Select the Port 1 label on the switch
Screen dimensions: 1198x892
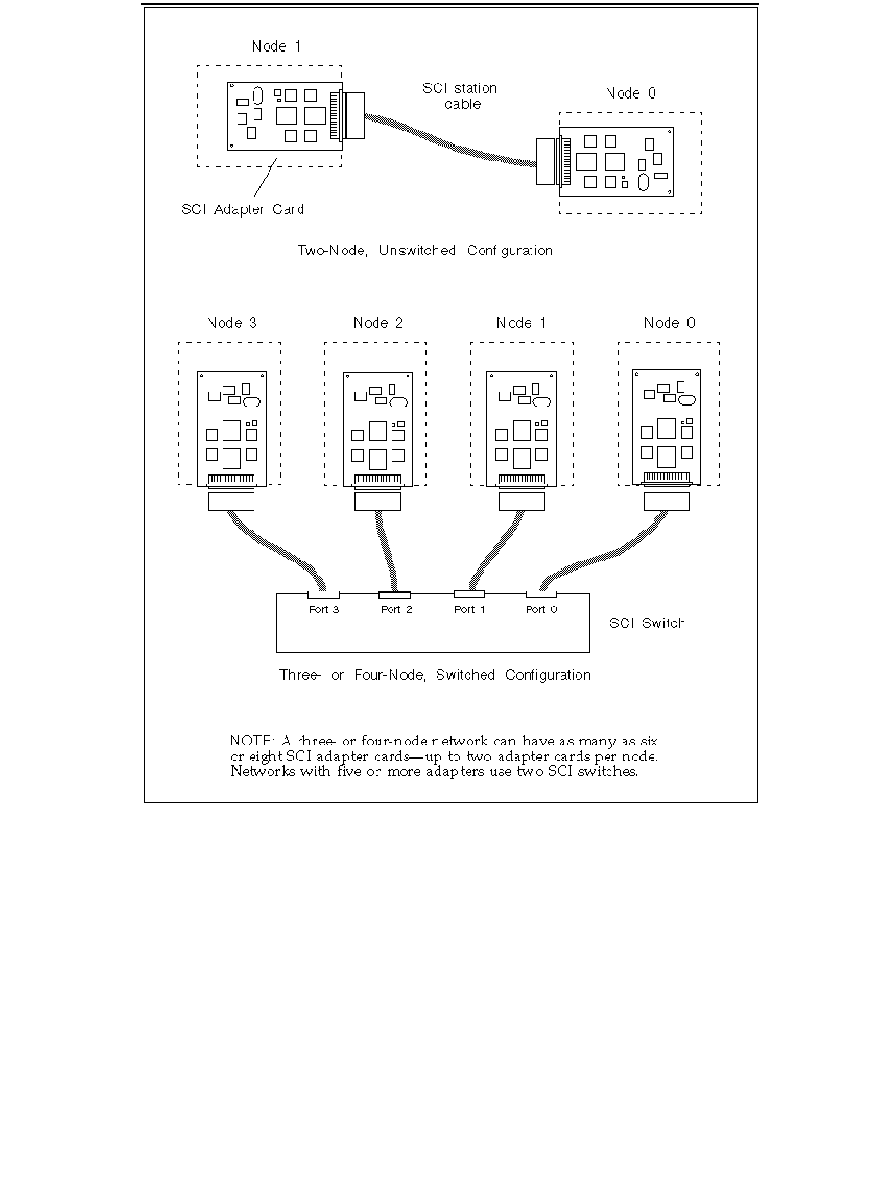(469, 610)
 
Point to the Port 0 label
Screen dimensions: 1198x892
(541, 610)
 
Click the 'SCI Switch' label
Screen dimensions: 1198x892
(647, 623)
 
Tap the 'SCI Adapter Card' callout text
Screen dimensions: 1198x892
(242, 209)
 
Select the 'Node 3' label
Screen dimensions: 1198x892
(232, 323)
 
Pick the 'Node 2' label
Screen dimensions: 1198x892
(377, 323)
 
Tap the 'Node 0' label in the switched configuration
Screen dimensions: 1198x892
(669, 323)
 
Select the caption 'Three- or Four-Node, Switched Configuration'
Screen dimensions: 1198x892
(435, 675)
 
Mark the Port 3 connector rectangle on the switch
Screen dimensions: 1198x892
(324, 594)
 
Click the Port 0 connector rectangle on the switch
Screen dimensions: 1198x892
(541, 594)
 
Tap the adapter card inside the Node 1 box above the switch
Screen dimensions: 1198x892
(521, 422)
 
